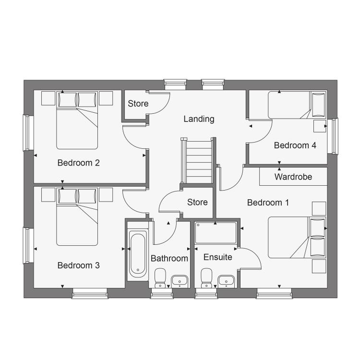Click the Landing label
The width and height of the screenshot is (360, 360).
tap(199, 119)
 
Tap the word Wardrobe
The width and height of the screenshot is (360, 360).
tap(293, 177)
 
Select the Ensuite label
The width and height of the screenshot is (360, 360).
tap(217, 257)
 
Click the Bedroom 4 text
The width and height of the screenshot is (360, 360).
tap(295, 145)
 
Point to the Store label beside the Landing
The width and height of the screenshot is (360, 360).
tap(138, 104)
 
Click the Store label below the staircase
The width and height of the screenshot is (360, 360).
tap(197, 202)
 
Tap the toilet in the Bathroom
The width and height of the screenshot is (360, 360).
tap(160, 278)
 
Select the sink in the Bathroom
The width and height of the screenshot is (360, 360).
tap(180, 281)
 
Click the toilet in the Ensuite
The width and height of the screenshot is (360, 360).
tap(206, 278)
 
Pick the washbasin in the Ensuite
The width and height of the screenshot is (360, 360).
tap(226, 281)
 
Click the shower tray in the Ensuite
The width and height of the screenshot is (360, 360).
tap(216, 233)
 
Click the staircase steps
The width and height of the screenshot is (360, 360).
tap(199, 162)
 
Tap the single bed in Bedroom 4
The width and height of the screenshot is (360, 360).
tap(297, 105)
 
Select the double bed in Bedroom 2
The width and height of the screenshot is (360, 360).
tap(77, 120)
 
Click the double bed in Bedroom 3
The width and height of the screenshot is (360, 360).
tap(77, 217)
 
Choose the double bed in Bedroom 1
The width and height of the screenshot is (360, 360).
tap(297, 238)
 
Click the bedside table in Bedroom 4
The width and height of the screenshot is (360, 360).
tap(320, 126)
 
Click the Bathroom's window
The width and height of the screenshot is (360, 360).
tap(162, 293)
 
